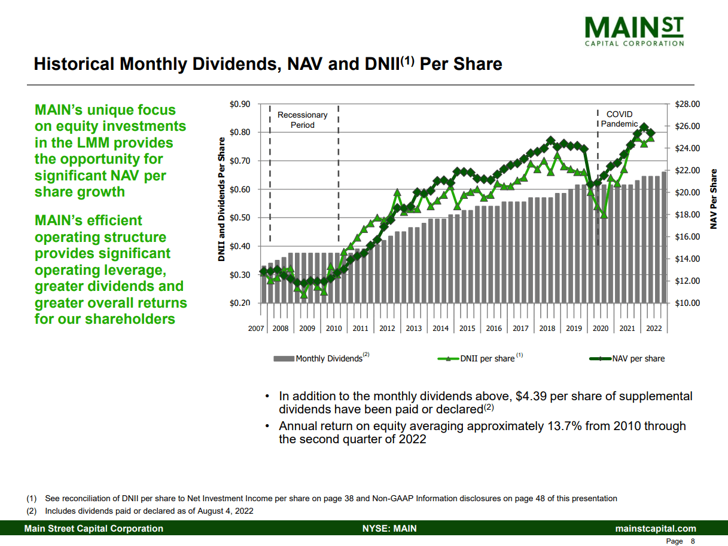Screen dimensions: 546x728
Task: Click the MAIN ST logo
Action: coord(633,30)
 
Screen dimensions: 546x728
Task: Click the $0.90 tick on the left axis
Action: coord(240,104)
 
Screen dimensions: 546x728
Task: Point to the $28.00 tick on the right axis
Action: coord(687,104)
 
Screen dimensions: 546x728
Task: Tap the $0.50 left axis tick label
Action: coord(240,217)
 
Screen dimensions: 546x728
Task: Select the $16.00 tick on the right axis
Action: coord(687,237)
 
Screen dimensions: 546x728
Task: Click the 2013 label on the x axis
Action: coord(413,328)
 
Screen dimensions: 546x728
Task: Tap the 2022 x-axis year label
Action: coord(654,328)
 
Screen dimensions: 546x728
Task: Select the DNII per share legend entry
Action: coord(488,358)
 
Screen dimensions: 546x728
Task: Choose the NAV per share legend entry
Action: coord(638,358)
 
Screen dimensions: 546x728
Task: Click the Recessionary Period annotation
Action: coord(302,119)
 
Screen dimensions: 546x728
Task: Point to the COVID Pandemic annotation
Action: coord(619,119)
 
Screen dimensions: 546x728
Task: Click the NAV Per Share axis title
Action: coord(713,199)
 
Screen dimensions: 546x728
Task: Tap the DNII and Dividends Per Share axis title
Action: coord(221,199)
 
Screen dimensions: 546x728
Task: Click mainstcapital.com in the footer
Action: coord(656,529)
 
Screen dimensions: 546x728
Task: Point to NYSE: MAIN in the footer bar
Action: coord(389,529)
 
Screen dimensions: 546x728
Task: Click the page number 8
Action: coord(693,541)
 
